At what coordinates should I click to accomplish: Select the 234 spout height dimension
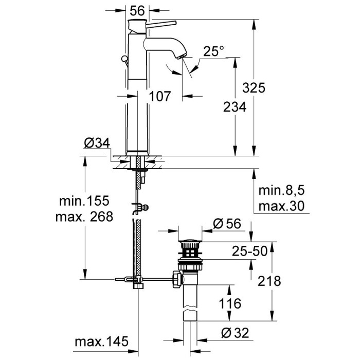(x=235, y=107)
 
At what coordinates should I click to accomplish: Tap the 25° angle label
(x=213, y=51)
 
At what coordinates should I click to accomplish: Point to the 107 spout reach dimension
(x=160, y=96)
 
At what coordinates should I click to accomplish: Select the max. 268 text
(x=84, y=217)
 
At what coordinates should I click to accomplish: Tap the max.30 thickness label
(x=281, y=206)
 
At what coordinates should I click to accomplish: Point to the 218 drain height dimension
(x=270, y=281)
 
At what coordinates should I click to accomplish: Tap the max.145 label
(x=100, y=341)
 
